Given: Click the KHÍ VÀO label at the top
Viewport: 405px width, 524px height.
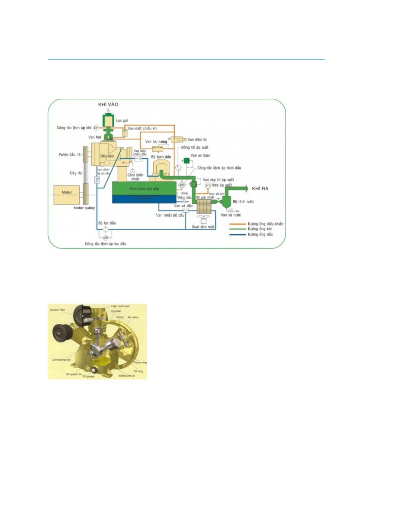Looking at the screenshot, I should (108, 104).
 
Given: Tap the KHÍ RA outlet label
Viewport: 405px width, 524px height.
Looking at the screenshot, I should (260, 188).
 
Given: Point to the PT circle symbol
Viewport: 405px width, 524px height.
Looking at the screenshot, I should (208, 186).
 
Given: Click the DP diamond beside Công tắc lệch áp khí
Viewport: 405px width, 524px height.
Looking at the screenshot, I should (96, 128).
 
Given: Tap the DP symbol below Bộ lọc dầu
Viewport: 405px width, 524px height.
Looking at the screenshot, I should (105, 237).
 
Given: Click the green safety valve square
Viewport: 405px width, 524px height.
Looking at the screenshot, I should (186, 161).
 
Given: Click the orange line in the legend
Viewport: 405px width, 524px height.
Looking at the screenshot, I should (237, 224).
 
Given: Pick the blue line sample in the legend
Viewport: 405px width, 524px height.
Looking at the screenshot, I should (237, 234).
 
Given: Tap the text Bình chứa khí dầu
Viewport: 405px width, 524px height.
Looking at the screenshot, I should (144, 189).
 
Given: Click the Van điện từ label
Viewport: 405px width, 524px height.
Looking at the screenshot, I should (197, 140).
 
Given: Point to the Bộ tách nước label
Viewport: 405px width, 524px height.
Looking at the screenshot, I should (243, 201).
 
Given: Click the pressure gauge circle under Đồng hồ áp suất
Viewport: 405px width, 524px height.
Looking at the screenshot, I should (179, 167).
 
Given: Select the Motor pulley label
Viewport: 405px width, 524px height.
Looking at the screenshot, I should (84, 208).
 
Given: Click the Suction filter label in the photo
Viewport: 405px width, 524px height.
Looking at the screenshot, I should (57, 310).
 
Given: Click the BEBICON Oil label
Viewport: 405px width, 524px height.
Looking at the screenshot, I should (127, 376).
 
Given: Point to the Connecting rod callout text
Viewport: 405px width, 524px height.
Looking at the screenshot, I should (61, 360).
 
